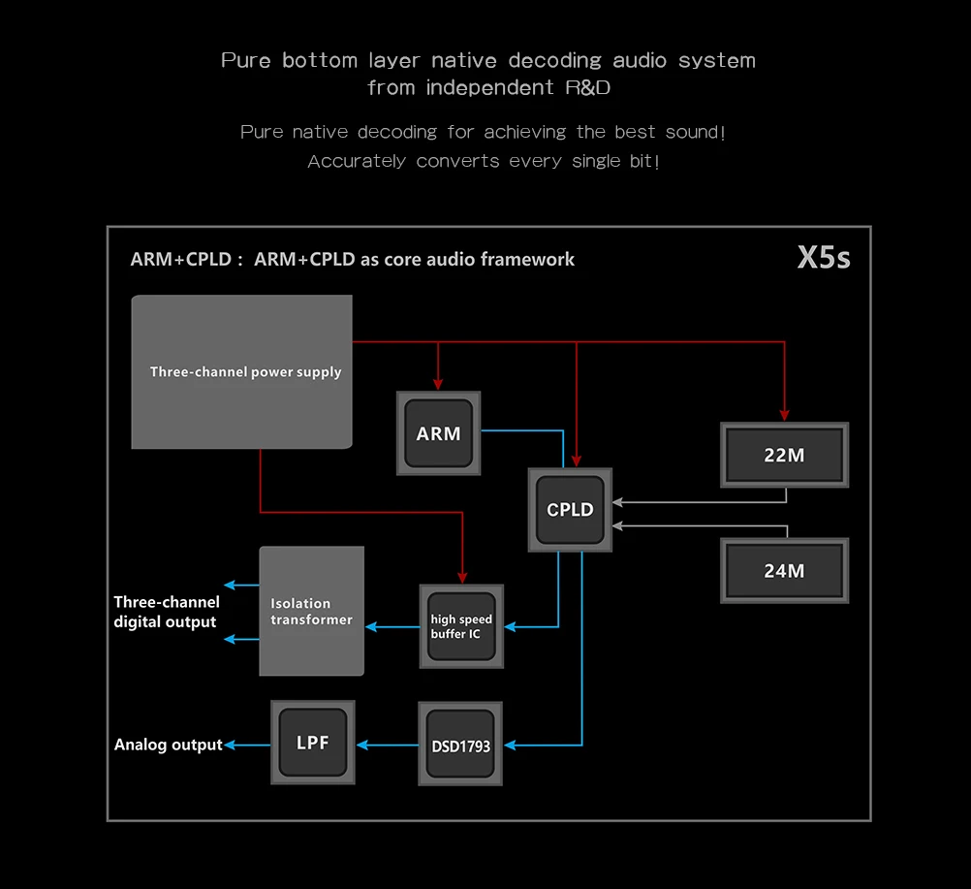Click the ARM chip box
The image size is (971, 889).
[x=438, y=433]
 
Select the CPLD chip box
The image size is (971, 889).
[x=570, y=509]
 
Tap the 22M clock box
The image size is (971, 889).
[x=785, y=455]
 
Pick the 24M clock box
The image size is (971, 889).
[x=785, y=571]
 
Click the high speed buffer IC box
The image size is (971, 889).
[x=461, y=626]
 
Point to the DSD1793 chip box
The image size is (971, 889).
[x=460, y=744]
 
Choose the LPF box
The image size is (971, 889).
[x=313, y=743]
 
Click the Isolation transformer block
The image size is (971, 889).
[x=311, y=611]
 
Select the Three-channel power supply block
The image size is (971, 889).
[x=241, y=371]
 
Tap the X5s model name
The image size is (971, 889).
[x=824, y=258]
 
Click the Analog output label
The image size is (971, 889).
[x=168, y=744]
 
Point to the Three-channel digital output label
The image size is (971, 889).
[x=166, y=612]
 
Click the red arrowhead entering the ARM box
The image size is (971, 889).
[x=438, y=385]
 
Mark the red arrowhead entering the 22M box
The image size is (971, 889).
[x=785, y=415]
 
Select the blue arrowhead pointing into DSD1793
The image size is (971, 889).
[x=510, y=746]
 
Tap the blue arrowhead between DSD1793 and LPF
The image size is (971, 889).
[x=362, y=745]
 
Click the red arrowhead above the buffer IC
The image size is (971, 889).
[x=462, y=578]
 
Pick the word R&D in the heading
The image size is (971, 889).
[x=587, y=87]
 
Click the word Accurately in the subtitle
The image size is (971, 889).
[x=357, y=161]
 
